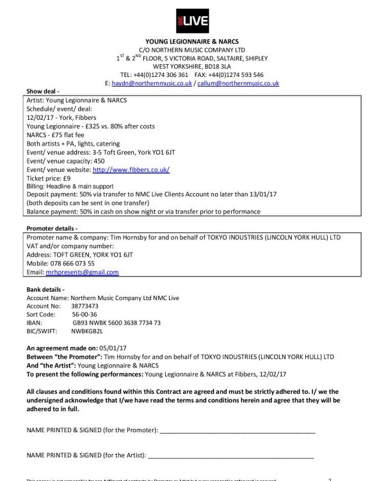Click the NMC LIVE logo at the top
pyautogui.click(x=191, y=22)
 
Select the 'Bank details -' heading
pyautogui.click(x=45, y=290)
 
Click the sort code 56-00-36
pyautogui.click(x=84, y=315)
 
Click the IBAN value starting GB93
pyautogui.click(x=117, y=323)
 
